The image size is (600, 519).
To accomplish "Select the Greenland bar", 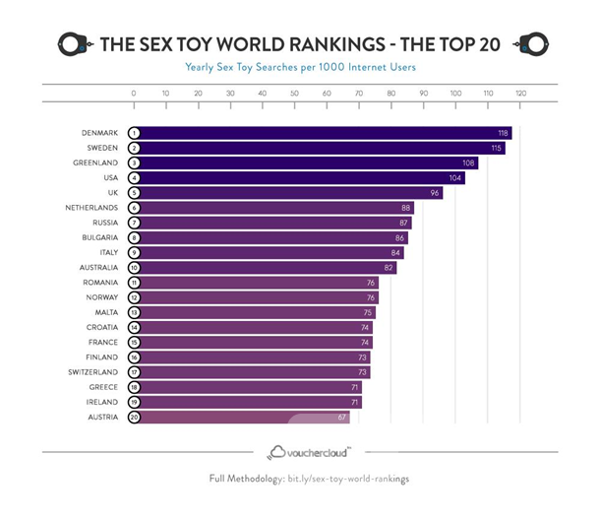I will click(x=305, y=162).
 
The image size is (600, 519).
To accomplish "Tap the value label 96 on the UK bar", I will click(x=433, y=193).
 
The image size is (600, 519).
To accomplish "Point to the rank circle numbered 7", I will click(x=134, y=223).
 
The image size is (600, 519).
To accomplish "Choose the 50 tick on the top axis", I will click(x=294, y=94).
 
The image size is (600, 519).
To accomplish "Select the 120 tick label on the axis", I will click(x=520, y=94).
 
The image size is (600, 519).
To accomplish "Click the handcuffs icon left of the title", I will click(x=75, y=43).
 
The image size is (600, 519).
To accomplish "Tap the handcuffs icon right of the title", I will click(x=532, y=43).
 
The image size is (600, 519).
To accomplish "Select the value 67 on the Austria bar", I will click(x=342, y=418).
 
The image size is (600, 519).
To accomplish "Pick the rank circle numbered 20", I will click(x=134, y=418).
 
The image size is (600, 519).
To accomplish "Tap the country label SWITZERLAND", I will click(x=90, y=372).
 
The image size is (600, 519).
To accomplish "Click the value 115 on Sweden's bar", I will click(x=497, y=148).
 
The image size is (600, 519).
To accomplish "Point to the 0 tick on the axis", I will click(x=134, y=94).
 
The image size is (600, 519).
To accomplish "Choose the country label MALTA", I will click(x=103, y=312).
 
